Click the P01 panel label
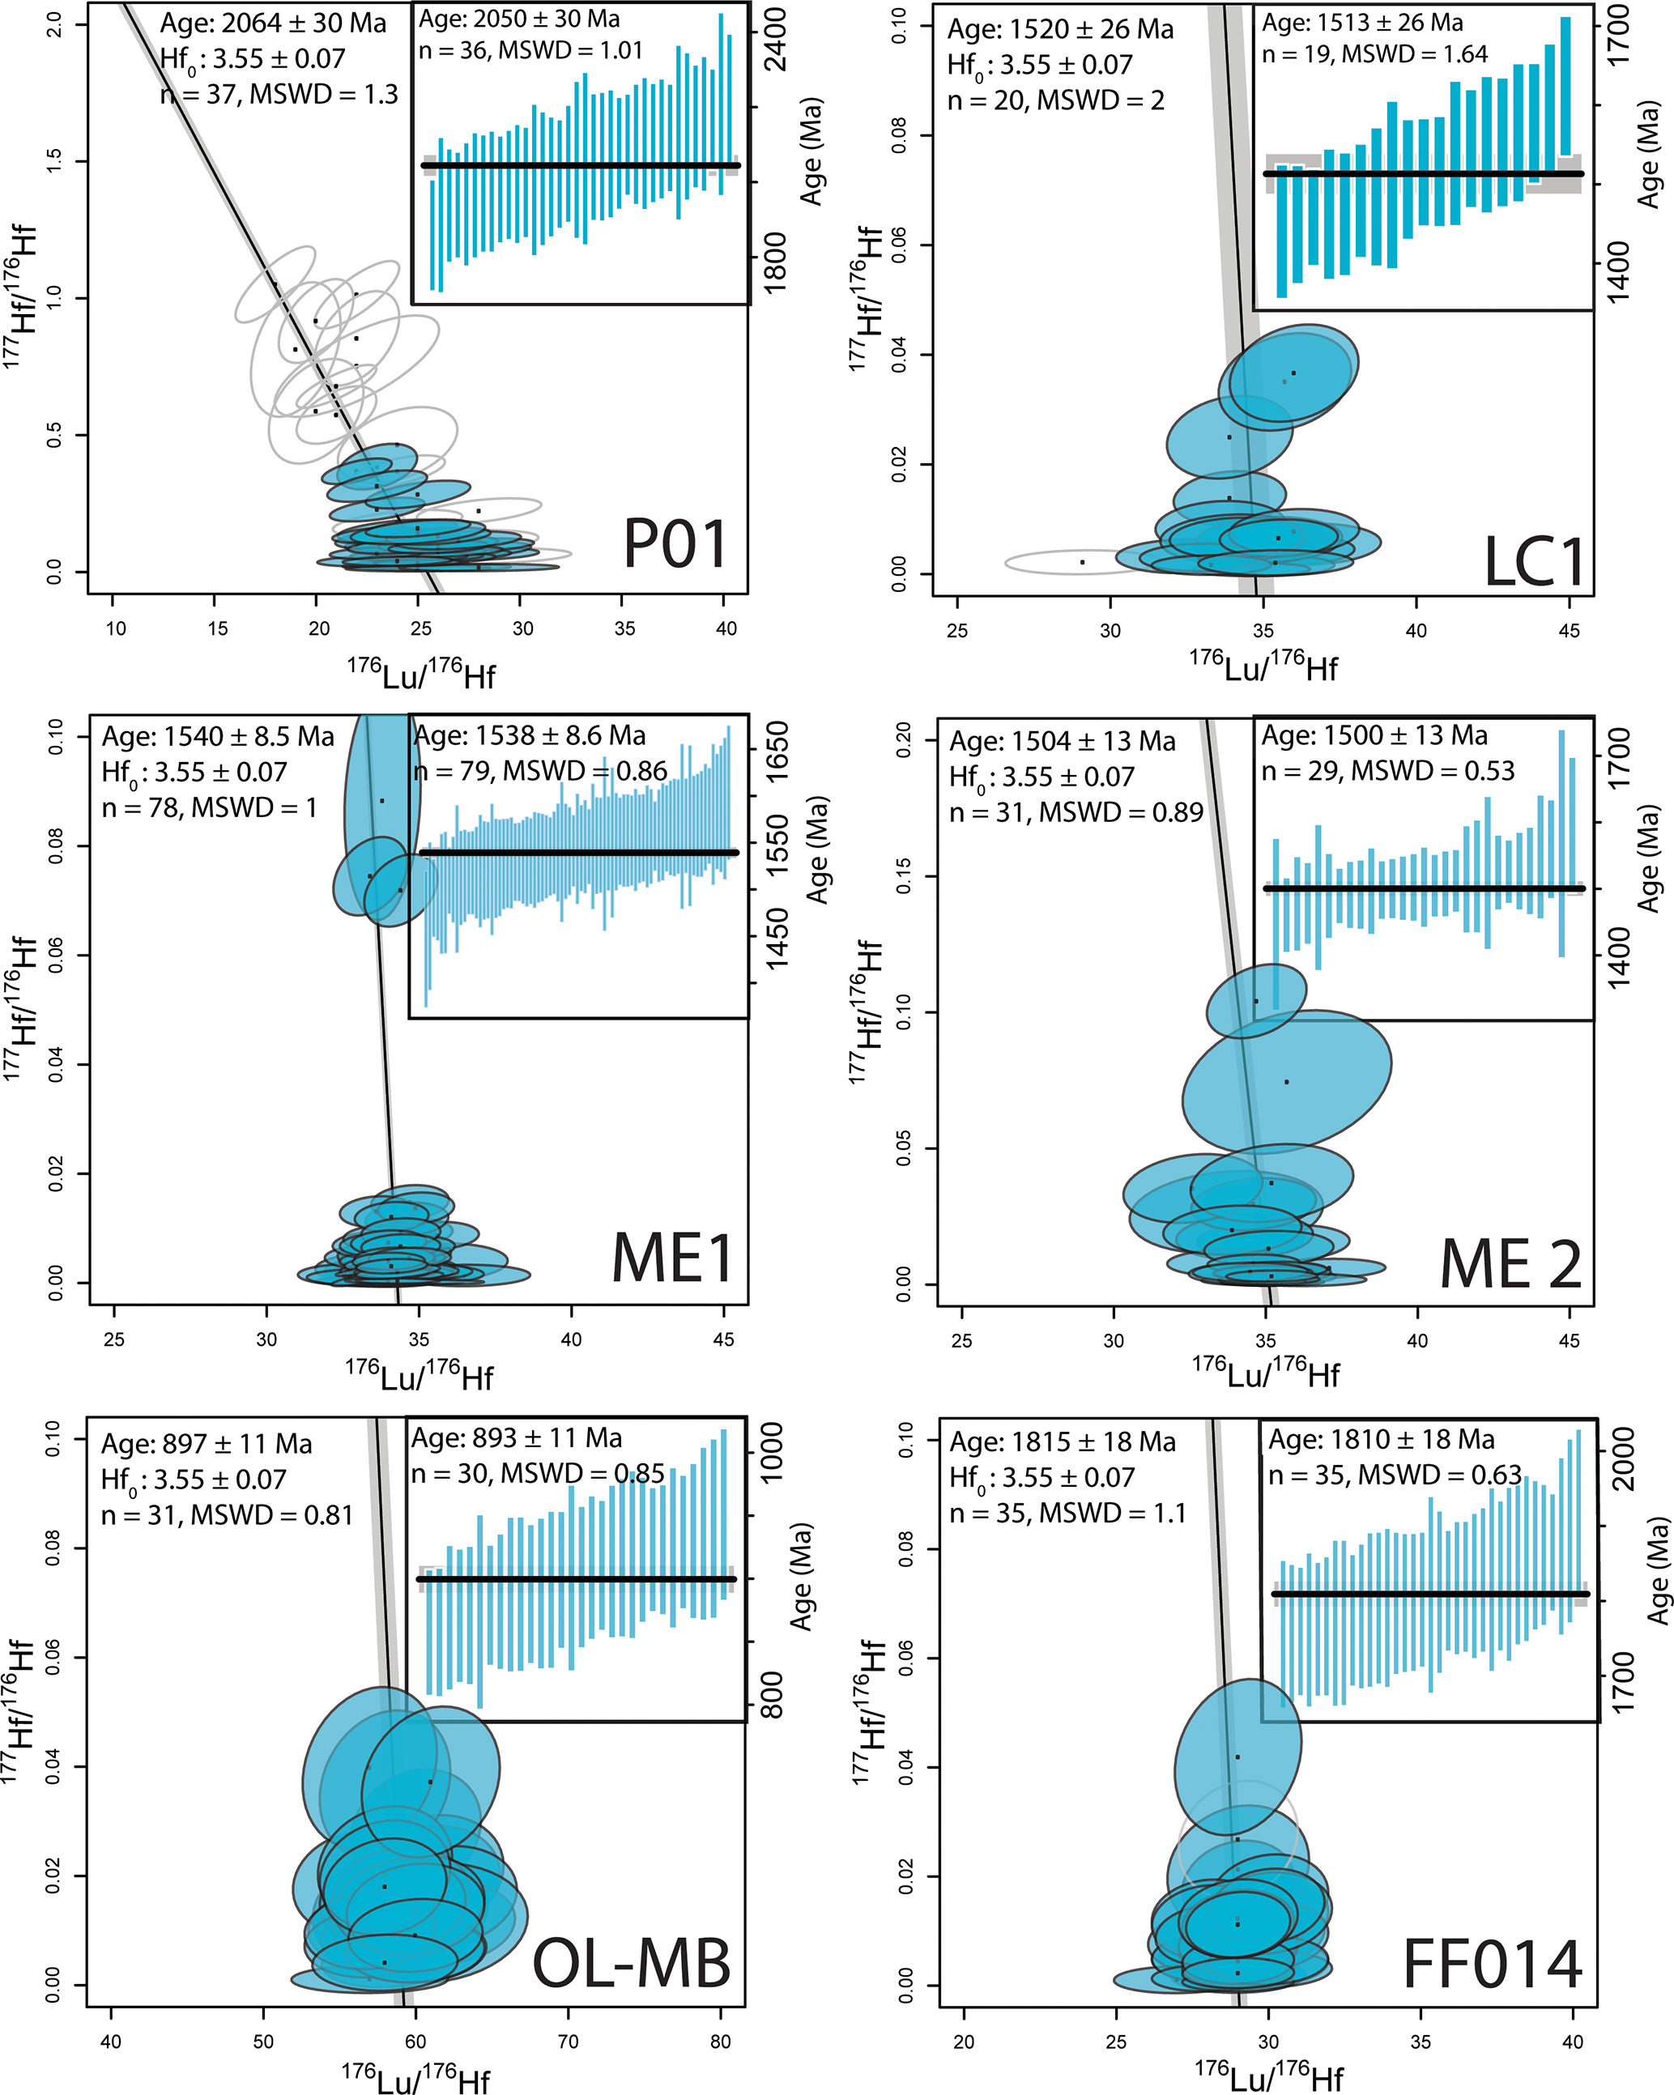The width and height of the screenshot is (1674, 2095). pos(675,544)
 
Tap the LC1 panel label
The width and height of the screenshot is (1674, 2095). pos(1533,563)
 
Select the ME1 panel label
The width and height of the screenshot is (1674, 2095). pos(671,1259)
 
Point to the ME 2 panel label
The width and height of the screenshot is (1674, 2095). pos(1510,1265)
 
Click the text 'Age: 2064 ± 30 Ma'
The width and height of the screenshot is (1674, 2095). pos(273,23)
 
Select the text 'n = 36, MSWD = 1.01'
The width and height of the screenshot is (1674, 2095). pos(530,50)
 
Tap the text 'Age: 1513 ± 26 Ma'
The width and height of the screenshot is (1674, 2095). pos(1362,23)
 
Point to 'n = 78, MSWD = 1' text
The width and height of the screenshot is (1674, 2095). pos(209,807)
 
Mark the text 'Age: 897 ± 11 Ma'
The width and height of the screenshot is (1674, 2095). pos(207,1444)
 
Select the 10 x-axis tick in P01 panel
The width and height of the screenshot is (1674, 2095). pos(116,628)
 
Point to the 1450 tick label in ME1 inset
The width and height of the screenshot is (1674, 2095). pos(777,939)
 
